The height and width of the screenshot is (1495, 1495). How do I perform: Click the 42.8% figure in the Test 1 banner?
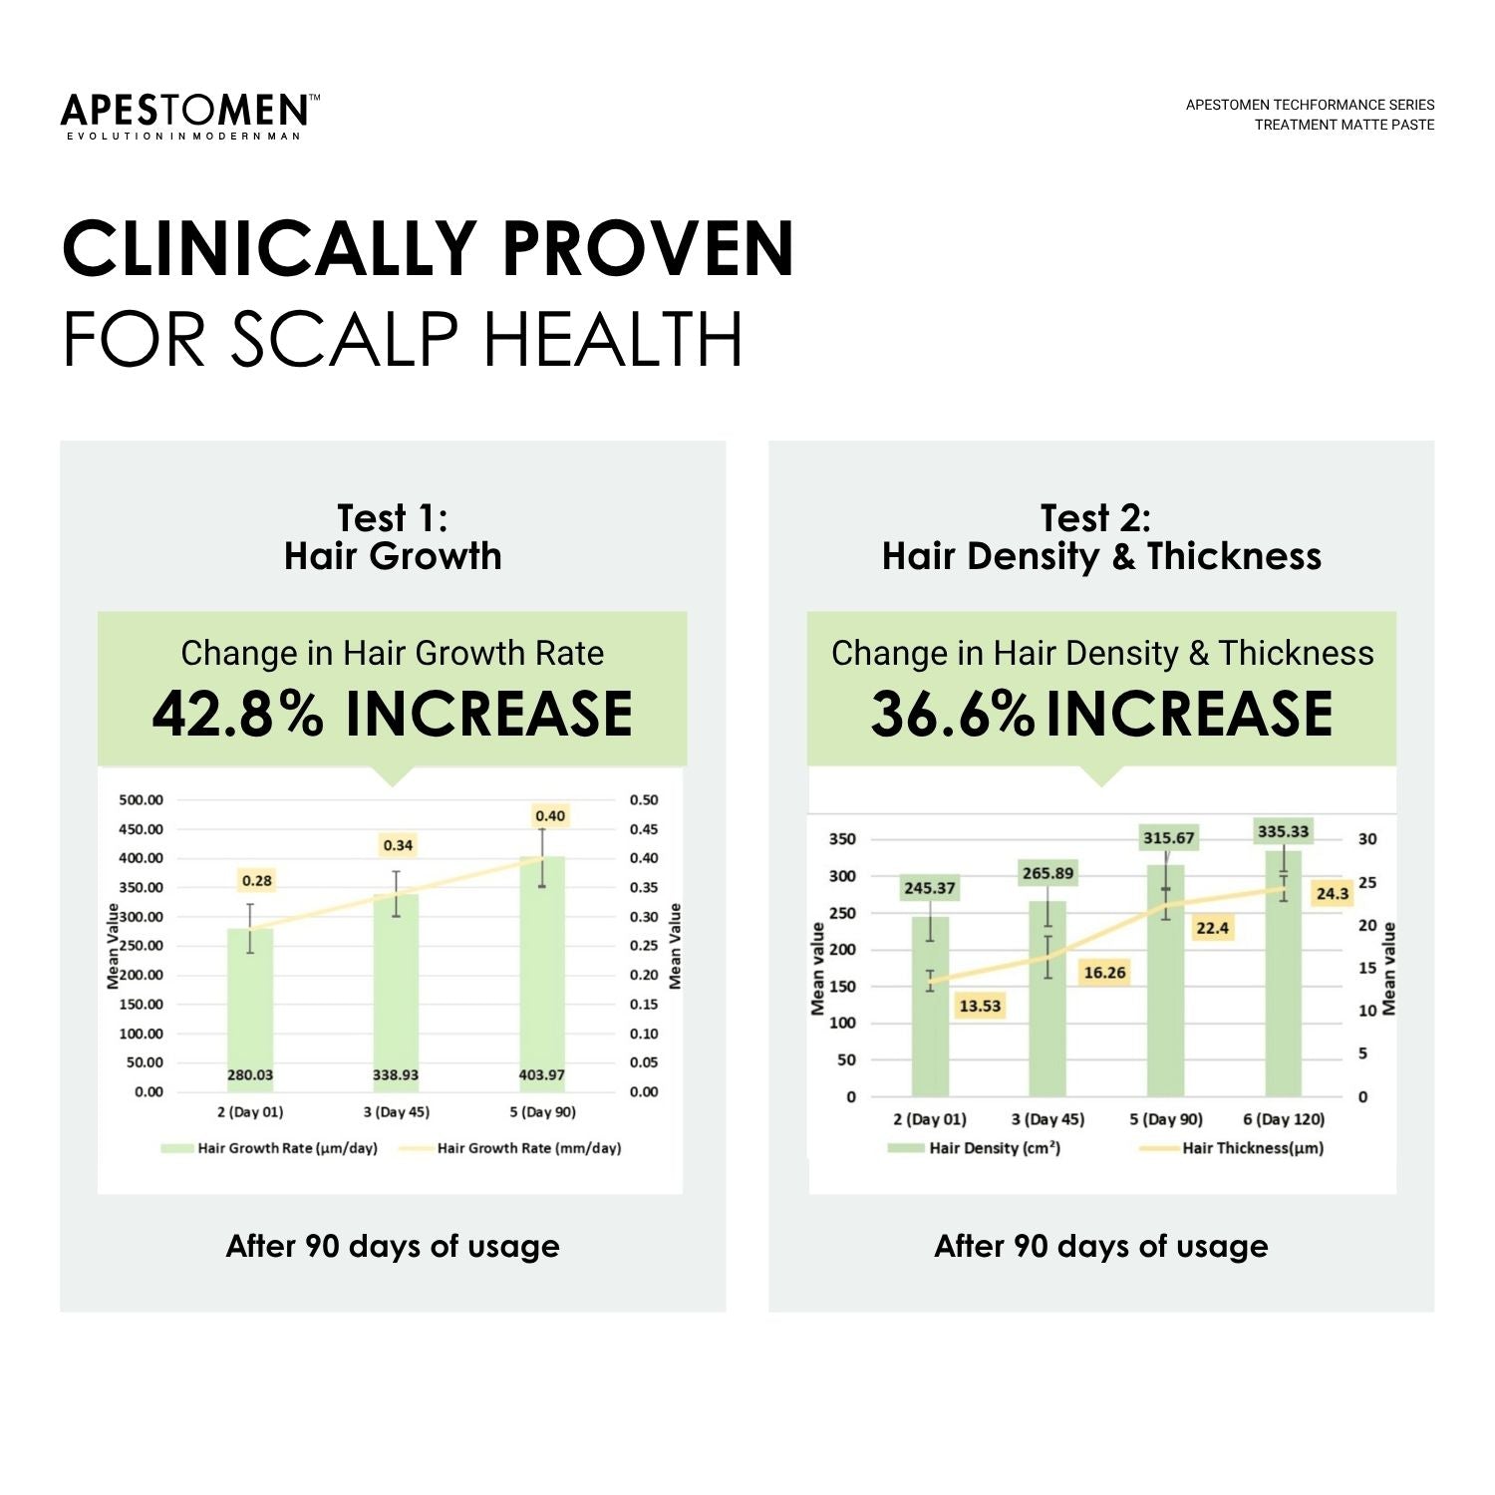click(x=237, y=714)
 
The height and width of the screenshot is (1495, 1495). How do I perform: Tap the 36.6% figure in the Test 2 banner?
click(x=952, y=714)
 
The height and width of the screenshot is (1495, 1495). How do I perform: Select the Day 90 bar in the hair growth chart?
click(x=541, y=977)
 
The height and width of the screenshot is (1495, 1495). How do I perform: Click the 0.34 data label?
click(x=398, y=845)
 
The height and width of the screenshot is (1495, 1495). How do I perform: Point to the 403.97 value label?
click(x=541, y=1074)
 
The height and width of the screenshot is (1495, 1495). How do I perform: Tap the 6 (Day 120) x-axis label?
click(x=1284, y=1119)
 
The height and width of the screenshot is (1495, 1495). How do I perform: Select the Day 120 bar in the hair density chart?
click(x=1284, y=977)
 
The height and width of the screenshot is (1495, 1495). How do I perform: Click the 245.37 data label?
click(x=929, y=888)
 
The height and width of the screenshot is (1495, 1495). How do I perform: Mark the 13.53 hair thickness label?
click(x=979, y=1006)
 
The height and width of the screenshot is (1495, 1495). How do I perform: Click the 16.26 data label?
click(x=1104, y=973)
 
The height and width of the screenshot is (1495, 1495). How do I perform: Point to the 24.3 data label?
click(x=1332, y=893)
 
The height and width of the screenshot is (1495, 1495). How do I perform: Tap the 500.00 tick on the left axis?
click(x=141, y=799)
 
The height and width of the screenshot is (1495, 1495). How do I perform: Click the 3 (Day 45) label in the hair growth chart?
click(x=396, y=1111)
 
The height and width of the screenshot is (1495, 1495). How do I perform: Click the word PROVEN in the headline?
click(x=648, y=249)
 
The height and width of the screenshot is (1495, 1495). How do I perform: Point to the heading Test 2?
click(x=1095, y=518)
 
